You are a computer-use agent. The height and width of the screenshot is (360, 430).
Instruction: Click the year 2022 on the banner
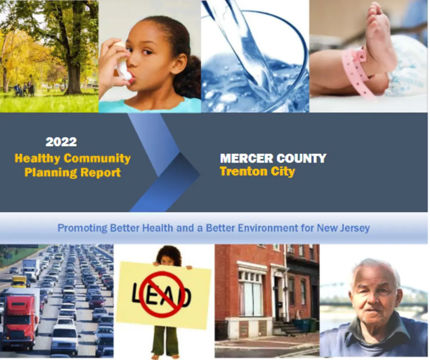[x=61, y=142]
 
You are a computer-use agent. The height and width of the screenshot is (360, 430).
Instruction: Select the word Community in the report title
[x=97, y=158]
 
